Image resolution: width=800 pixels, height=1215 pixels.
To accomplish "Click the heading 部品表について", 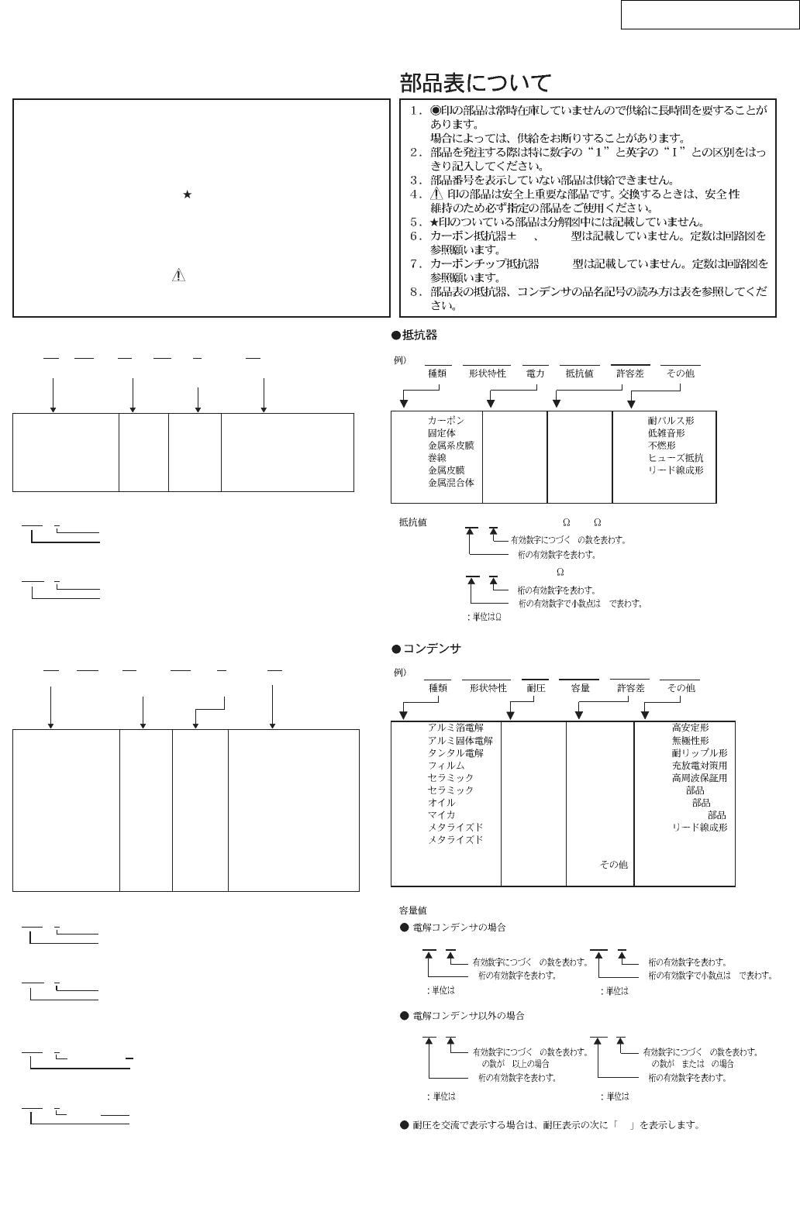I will [x=475, y=83].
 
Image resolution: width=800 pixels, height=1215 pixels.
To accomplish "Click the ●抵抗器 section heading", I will [x=415, y=335].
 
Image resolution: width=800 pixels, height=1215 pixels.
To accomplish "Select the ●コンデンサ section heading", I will [x=426, y=648].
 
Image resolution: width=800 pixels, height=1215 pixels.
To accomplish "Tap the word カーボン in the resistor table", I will [x=446, y=421].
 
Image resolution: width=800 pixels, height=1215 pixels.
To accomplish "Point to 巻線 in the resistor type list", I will [x=437, y=458].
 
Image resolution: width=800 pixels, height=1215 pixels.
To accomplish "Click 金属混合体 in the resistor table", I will [x=451, y=483].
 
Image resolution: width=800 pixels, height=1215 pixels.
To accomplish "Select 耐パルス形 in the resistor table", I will [x=671, y=421].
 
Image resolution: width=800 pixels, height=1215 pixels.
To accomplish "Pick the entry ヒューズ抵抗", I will [x=675, y=458].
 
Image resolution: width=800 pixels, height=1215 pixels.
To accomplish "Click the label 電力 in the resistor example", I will [x=535, y=373].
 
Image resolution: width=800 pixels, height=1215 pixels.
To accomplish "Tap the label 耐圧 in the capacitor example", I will [x=536, y=688].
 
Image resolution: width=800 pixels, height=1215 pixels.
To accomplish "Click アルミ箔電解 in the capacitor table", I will [x=455, y=728].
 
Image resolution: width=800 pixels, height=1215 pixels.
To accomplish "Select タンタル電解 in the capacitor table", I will [x=455, y=753].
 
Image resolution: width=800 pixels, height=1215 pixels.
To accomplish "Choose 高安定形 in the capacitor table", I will [x=690, y=728].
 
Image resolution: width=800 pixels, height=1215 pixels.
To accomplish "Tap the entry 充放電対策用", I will [x=699, y=766].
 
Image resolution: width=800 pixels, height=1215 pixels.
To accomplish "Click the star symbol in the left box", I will [x=187, y=197].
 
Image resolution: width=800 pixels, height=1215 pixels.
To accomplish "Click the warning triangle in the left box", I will [x=178, y=277].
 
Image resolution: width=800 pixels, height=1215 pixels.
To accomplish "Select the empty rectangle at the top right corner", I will [x=709, y=15].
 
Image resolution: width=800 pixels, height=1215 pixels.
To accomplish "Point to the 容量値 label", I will [x=412, y=910].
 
